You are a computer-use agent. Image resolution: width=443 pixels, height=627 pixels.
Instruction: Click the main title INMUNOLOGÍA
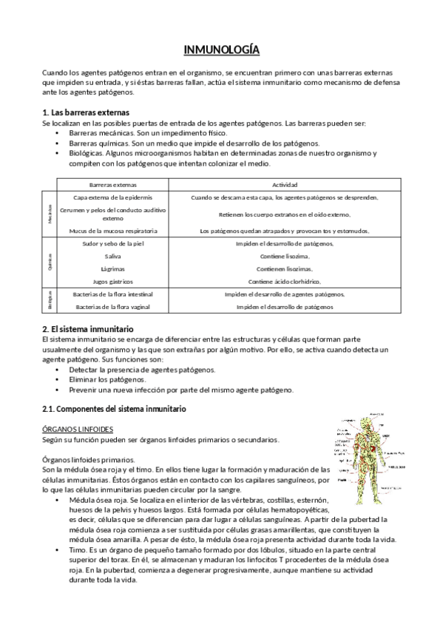[222, 50]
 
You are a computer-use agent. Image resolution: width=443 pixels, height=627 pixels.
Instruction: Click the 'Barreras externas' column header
[113, 183]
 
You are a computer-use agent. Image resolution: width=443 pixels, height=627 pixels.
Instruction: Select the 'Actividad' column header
[285, 183]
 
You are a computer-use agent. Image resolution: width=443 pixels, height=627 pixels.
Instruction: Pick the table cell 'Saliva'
[113, 256]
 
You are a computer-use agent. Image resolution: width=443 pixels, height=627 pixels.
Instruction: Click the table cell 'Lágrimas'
[113, 268]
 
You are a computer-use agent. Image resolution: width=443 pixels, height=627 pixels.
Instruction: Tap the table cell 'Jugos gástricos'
[113, 282]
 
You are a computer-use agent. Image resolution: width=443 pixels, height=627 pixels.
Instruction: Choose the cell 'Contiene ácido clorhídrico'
[285, 282]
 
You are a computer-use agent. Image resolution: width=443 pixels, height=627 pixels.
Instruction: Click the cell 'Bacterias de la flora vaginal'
[113, 306]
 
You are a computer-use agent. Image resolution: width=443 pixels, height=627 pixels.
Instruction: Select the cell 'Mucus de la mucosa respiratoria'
[113, 231]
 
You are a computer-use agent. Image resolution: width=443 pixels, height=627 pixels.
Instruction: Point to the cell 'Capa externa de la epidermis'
[113, 198]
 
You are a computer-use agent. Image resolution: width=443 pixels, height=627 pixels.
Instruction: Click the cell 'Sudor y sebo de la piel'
[113, 243]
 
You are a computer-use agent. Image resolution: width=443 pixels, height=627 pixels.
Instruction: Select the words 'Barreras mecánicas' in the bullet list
[105, 132]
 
